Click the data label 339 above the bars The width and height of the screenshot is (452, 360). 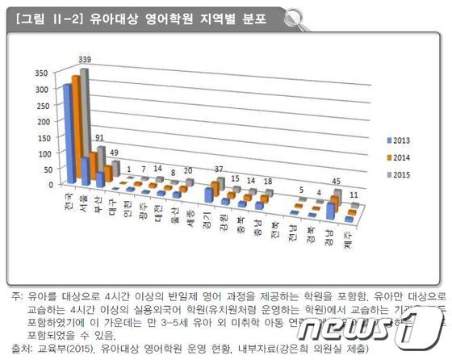(x=85, y=58)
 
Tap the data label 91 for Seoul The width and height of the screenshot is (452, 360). (x=100, y=138)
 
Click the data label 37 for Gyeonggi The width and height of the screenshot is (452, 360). (x=219, y=169)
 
